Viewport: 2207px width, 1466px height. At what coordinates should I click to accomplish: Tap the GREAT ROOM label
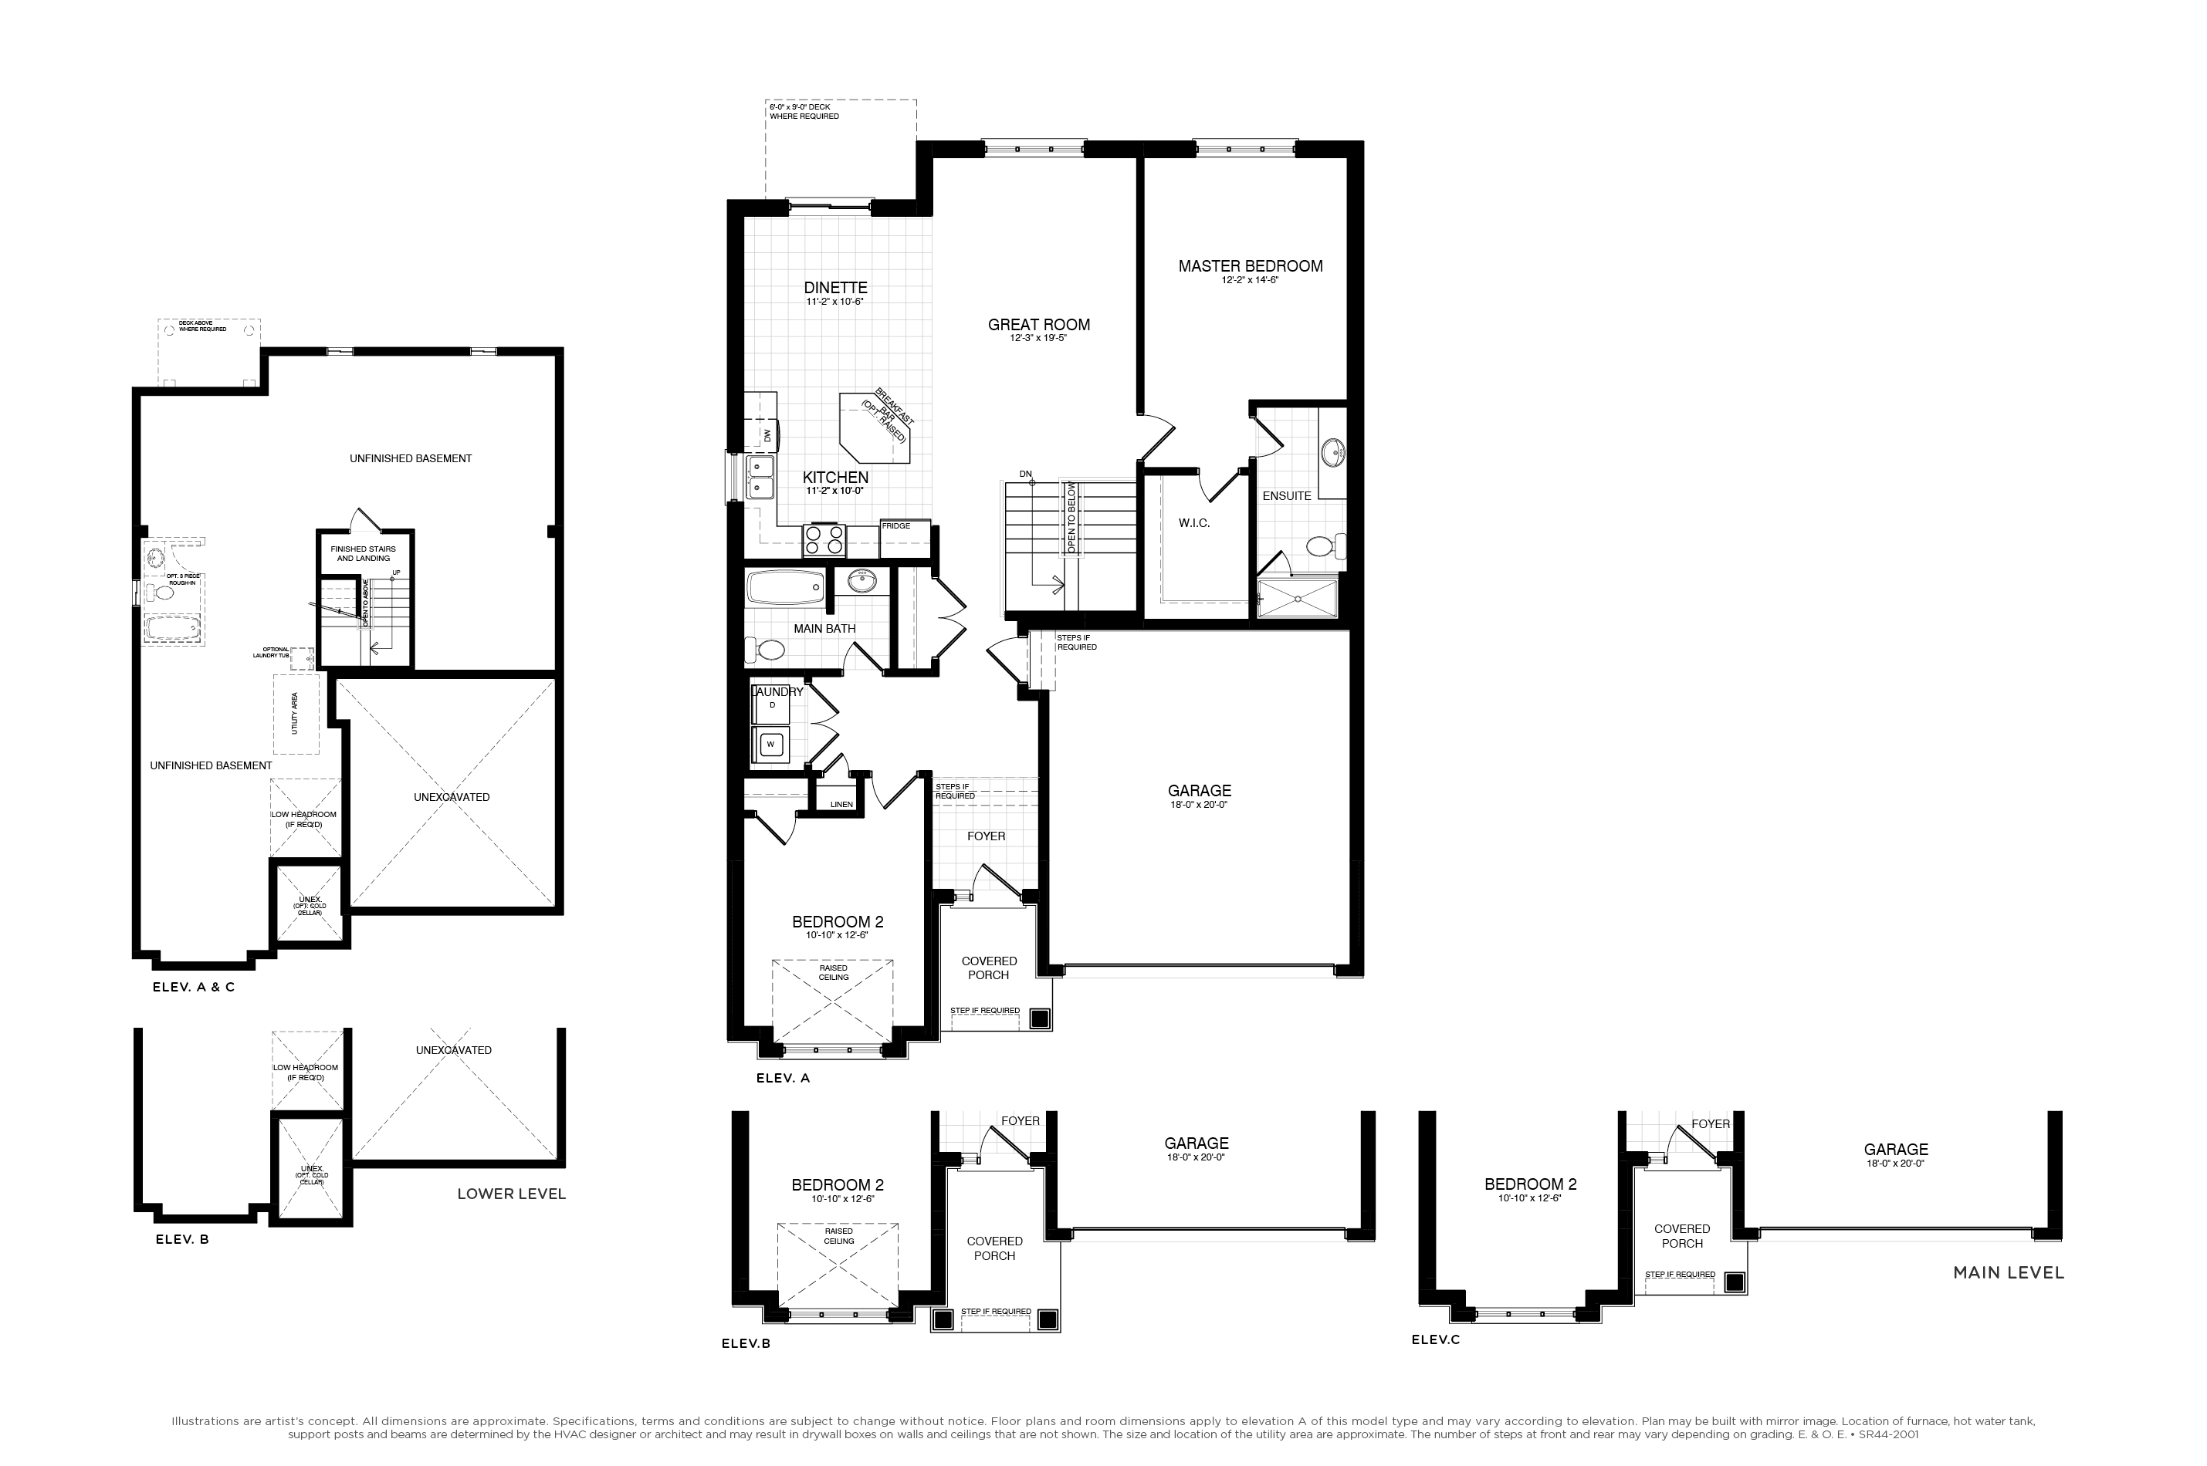[x=1038, y=324]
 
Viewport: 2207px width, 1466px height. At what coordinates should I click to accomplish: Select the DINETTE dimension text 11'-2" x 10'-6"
[x=834, y=302]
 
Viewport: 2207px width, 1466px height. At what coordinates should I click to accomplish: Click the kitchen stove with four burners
[x=824, y=540]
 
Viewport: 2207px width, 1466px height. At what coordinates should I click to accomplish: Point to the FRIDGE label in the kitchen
[x=896, y=526]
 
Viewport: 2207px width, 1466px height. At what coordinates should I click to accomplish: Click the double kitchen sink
[x=760, y=476]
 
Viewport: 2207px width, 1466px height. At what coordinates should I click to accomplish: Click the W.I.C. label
[x=1193, y=522]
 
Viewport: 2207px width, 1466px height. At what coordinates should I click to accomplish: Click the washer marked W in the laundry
[x=770, y=745]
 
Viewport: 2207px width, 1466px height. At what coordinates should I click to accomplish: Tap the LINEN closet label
[x=841, y=804]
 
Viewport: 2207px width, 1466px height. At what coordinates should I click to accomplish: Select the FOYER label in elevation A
[x=986, y=836]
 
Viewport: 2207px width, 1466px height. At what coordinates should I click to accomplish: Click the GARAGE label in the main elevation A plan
[x=1199, y=791]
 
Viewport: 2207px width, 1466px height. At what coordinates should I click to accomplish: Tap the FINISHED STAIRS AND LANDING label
[x=363, y=553]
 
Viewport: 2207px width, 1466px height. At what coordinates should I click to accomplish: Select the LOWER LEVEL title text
[x=510, y=1194]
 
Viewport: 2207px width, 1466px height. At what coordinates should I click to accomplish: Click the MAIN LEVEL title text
[x=2008, y=1272]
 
